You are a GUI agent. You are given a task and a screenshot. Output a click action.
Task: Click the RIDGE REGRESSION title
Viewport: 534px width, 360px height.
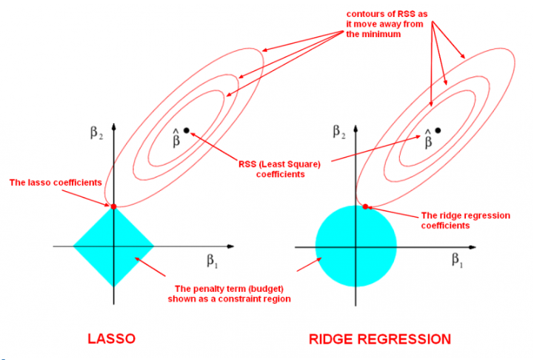coord(379,339)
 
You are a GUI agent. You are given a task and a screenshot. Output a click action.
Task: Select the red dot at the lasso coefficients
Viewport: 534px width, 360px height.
coord(113,206)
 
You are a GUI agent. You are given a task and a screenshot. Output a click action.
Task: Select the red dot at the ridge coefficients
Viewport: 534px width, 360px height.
coord(366,206)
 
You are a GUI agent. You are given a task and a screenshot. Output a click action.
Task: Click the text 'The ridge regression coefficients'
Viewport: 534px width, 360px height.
coord(465,220)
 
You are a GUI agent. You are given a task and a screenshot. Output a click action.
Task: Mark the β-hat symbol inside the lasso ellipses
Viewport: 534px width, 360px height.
coord(176,137)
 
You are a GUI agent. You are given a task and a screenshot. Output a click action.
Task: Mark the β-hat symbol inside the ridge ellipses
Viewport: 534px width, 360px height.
coord(428,137)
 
